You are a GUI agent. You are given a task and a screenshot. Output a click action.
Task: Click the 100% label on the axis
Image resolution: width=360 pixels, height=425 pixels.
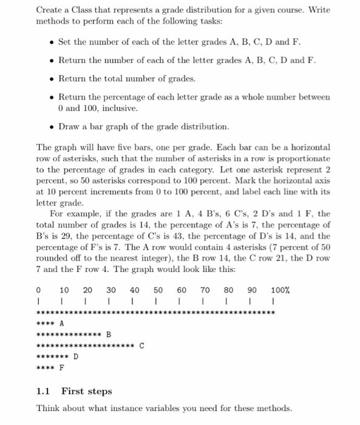click(280, 290)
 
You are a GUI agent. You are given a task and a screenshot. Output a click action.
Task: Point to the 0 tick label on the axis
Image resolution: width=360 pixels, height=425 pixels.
click(39, 290)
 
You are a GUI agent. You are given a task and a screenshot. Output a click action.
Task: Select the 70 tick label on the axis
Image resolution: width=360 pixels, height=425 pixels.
click(205, 290)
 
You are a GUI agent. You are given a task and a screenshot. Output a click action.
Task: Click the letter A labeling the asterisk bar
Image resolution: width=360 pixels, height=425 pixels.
click(62, 324)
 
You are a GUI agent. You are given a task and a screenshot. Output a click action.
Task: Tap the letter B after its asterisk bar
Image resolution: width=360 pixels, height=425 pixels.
click(109, 334)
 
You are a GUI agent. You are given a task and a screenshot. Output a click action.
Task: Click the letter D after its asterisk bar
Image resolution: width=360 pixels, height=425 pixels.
click(76, 356)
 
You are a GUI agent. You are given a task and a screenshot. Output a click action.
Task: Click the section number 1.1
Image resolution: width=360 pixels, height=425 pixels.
click(43, 391)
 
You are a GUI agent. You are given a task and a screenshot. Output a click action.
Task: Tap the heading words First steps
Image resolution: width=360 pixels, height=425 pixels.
click(87, 391)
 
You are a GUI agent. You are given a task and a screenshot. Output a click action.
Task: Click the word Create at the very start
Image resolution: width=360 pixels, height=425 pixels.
click(50, 10)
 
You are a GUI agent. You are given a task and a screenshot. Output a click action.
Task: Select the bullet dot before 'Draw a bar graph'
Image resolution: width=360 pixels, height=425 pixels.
click(51, 127)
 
